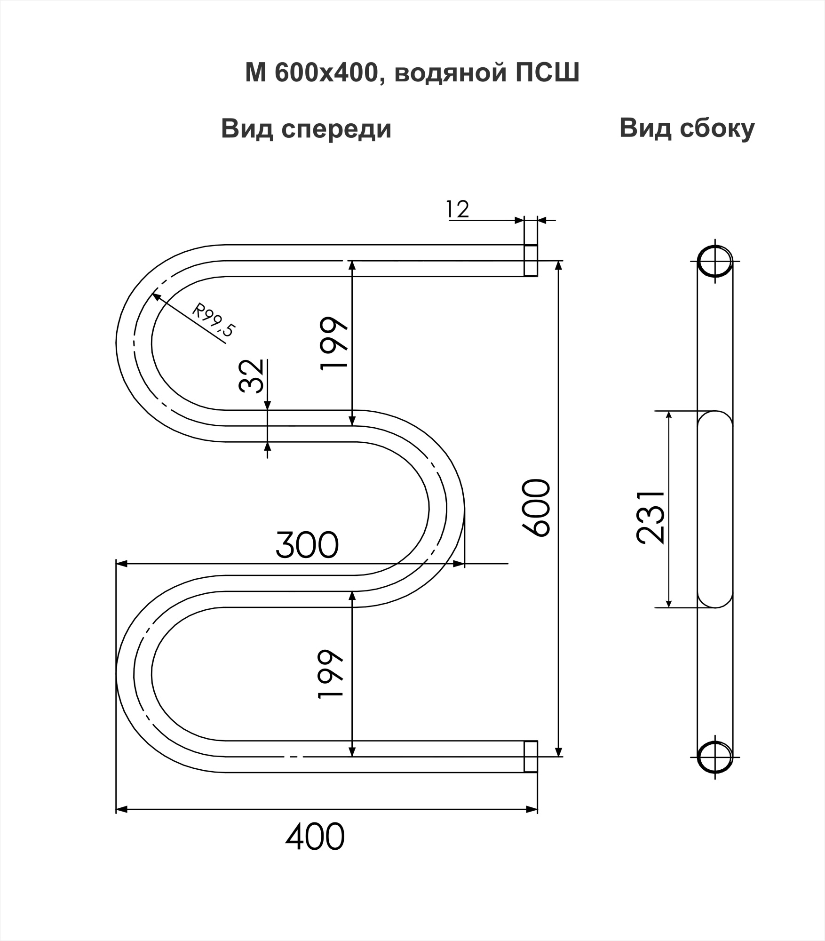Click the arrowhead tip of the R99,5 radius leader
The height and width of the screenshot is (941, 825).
click(x=151, y=294)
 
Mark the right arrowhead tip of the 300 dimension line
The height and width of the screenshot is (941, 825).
click(x=464, y=563)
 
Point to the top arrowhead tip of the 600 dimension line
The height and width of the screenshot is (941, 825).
click(x=558, y=261)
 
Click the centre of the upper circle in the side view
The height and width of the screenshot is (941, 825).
click(x=715, y=261)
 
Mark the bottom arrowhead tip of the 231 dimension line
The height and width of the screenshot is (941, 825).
click(x=669, y=607)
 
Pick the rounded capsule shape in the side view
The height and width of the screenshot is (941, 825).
click(x=715, y=509)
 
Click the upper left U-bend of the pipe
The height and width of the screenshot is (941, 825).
click(x=134, y=343)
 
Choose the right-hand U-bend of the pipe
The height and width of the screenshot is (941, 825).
click(x=446, y=509)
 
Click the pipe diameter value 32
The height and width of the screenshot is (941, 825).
click(x=251, y=376)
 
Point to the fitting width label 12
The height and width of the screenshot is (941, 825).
click(x=457, y=209)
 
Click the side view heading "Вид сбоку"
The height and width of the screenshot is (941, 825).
click(x=687, y=128)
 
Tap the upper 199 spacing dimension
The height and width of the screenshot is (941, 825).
click(x=333, y=343)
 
